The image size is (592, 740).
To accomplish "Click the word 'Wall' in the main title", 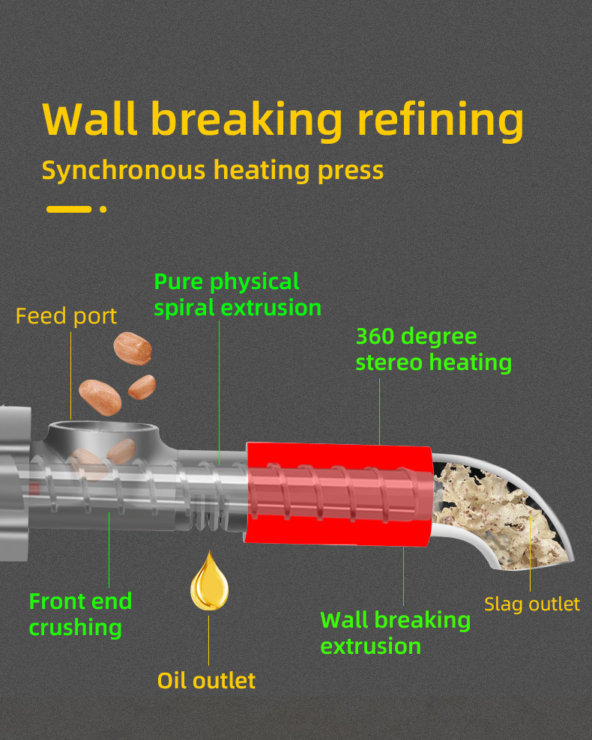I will [90, 118].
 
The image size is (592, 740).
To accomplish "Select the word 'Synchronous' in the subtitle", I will [123, 171].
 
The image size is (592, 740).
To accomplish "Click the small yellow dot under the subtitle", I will [103, 209].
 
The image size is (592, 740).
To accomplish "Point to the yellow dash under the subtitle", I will [69, 209].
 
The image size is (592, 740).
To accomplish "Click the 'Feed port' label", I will [66, 316].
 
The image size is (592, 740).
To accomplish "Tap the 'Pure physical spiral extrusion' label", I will [237, 294].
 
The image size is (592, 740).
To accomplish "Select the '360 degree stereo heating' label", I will [433, 349].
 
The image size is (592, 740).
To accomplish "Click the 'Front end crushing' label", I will [80, 613].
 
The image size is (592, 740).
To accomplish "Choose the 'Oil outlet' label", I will [206, 680].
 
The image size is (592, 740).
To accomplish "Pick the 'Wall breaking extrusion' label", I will [395, 632].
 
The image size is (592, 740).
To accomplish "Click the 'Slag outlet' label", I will [531, 604].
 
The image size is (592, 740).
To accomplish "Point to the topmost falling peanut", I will [133, 346].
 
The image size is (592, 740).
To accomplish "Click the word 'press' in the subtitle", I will [350, 171].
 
